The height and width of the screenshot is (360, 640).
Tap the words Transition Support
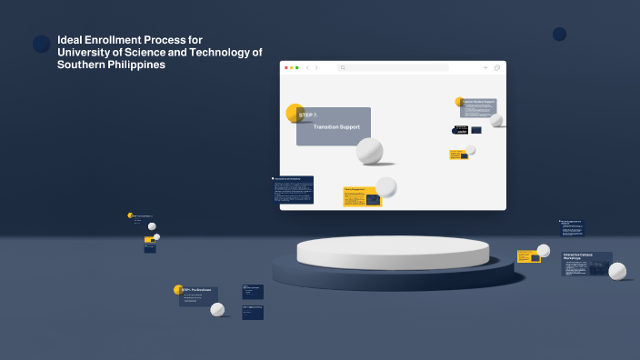[336, 127]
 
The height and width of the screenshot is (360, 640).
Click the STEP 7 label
[307, 115]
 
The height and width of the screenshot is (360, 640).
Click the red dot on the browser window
[285, 67]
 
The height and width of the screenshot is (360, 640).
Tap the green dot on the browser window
[296, 67]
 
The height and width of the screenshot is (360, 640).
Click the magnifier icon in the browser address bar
[343, 67]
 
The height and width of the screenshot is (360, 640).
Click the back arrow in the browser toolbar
[307, 67]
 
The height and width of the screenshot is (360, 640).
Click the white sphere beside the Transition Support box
[369, 151]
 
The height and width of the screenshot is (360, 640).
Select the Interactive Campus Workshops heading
[578, 256]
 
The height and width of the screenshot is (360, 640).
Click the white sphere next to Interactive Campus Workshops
[617, 271]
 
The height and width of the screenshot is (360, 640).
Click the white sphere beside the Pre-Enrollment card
[217, 309]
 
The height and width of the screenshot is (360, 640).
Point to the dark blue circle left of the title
[42, 44]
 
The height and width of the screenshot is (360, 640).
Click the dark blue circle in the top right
[559, 34]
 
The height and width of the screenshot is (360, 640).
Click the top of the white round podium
[393, 247]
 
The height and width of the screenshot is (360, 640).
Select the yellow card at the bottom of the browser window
[361, 196]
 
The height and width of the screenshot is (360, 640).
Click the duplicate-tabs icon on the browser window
[497, 67]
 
